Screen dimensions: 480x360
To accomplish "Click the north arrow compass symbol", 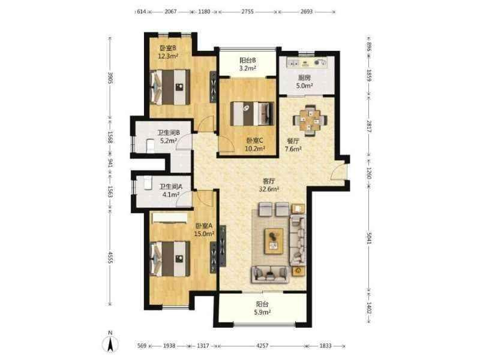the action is click(110, 343).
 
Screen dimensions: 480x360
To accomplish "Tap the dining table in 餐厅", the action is click(310, 121).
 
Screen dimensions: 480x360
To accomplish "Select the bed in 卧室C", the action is click(251, 113).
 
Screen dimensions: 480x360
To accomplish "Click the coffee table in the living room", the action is click(274, 241).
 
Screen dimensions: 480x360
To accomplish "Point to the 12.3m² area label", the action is click(168, 56).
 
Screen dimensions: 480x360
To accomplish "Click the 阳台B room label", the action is click(248, 61).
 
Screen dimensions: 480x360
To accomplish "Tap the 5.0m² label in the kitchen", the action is click(304, 86).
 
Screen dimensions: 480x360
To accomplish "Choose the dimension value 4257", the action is click(262, 346).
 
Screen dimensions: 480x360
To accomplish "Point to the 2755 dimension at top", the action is click(247, 11).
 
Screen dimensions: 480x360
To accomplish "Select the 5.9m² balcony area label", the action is click(263, 312).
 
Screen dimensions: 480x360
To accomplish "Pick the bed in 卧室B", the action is click(170, 87).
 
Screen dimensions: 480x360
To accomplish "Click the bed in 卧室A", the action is click(170, 259).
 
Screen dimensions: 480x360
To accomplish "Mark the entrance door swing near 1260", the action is click(338, 172).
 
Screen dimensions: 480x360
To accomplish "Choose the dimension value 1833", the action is click(326, 346).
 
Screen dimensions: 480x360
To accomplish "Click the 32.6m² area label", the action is click(269, 189).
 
